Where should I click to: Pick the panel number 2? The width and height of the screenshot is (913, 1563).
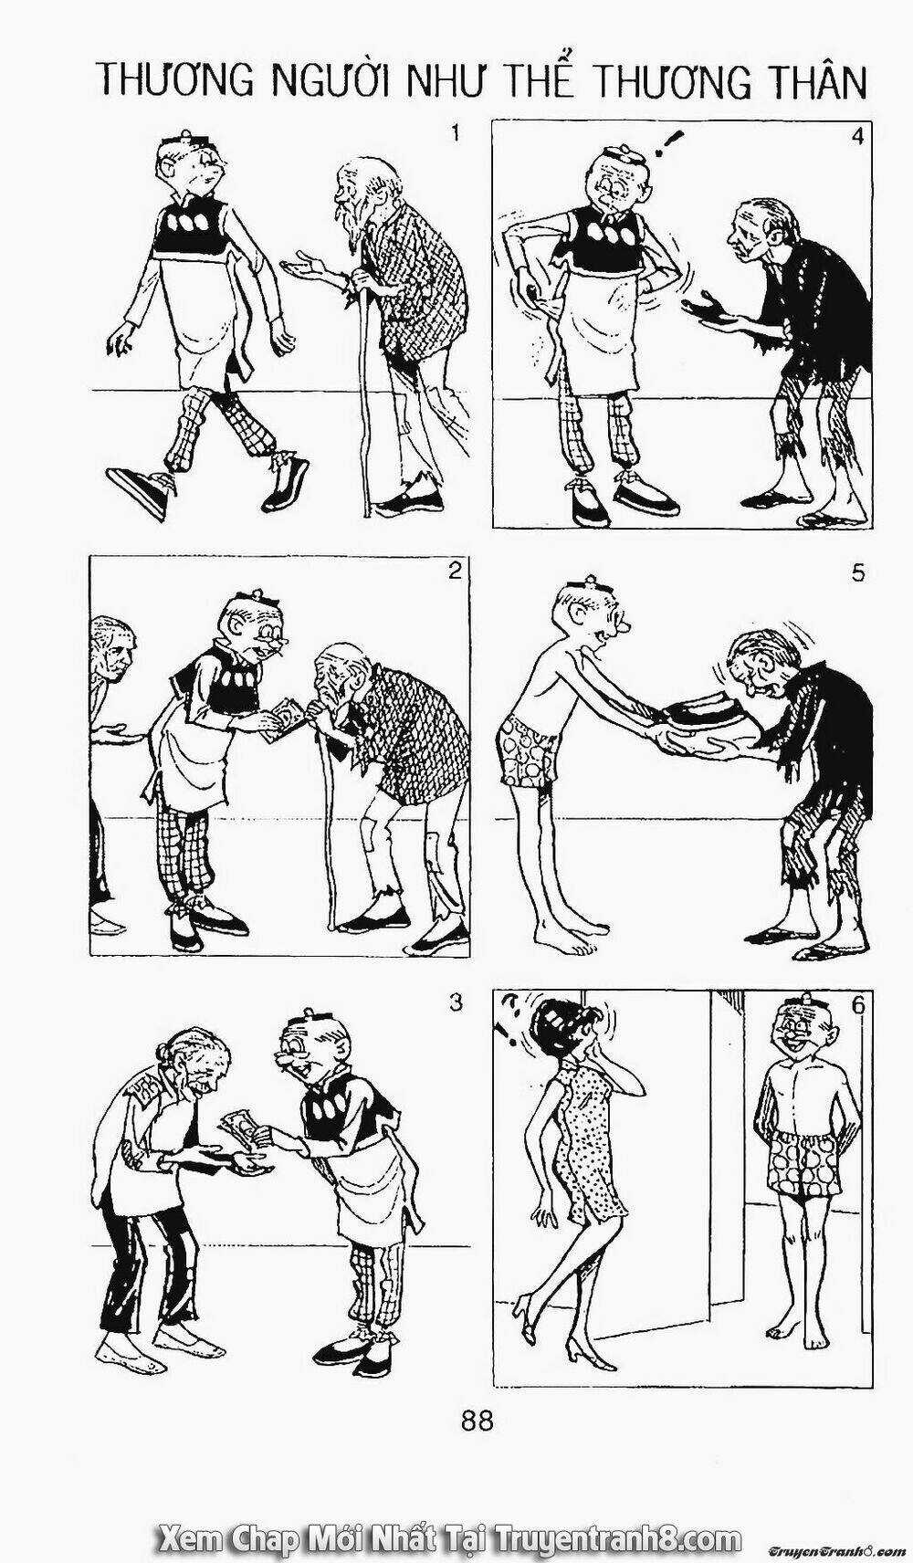coord(455,572)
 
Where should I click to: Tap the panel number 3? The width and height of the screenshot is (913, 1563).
coord(455,1003)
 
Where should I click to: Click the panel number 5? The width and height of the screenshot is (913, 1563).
coord(858,572)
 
